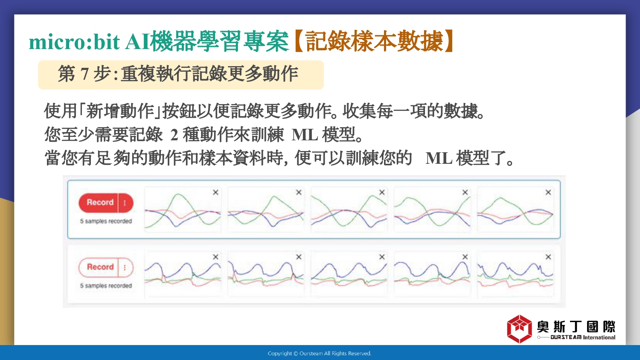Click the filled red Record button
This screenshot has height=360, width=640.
point(98,203)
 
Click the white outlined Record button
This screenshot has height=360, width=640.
point(98,267)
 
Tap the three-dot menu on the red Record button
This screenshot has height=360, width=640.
point(125,203)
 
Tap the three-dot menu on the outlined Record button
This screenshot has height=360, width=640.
point(125,267)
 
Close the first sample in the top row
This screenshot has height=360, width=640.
point(216,192)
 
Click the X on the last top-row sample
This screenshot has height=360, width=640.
point(548,192)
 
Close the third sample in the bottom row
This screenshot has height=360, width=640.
point(382,257)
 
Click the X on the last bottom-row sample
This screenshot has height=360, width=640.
point(548,257)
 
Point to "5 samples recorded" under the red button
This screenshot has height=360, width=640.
point(106,221)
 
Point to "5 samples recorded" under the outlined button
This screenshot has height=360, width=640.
point(106,286)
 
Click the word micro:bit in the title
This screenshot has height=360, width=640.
point(74,42)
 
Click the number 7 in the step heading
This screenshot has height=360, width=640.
point(84,74)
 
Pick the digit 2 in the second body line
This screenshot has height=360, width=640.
point(174,135)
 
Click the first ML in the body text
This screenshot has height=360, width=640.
point(305,135)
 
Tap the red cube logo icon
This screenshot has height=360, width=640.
point(519,329)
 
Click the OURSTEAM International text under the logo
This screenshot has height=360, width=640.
point(583,337)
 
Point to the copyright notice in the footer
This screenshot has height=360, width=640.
point(320,354)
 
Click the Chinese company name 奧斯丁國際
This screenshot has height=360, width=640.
point(576,326)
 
